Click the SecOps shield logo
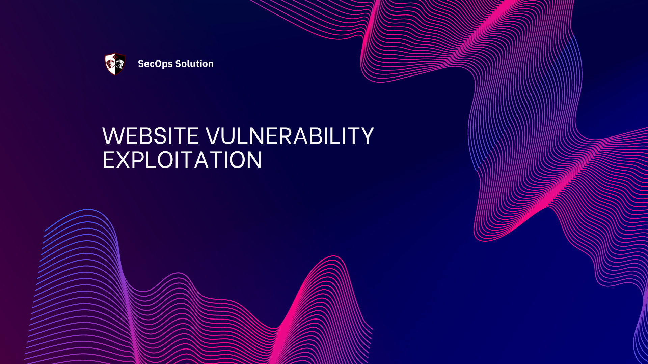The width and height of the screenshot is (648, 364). coord(115,64)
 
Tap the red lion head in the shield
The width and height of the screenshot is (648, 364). coord(110,63)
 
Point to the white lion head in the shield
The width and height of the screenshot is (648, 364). coord(120,63)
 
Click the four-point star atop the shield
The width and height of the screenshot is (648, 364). coord(115,54)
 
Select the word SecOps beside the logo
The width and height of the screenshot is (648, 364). coord(155,64)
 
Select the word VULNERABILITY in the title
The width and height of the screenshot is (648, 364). coord(290,136)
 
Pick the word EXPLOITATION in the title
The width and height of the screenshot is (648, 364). coord(182,160)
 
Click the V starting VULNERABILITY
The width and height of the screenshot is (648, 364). coord(213,136)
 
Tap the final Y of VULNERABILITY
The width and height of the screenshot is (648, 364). coord(366,136)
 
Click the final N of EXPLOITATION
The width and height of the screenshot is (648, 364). coord(253,160)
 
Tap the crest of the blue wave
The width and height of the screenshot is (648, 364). coord(88,210)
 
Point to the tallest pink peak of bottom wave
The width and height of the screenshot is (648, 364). coord(333,257)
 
